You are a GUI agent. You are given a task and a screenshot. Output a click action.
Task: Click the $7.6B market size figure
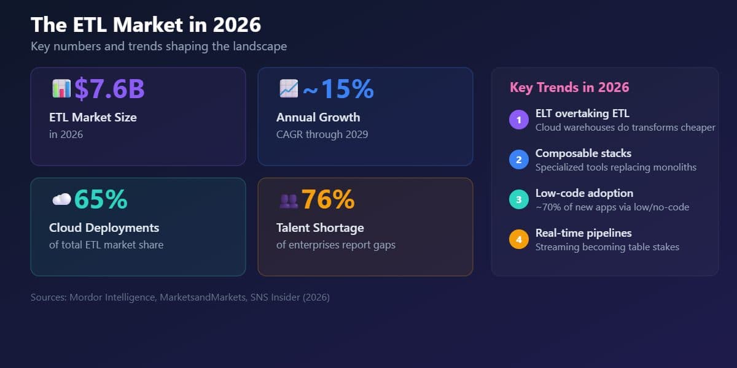(109, 89)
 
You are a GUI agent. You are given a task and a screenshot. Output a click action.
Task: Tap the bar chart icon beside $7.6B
(61, 89)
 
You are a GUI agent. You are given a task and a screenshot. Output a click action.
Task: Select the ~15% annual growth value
(338, 89)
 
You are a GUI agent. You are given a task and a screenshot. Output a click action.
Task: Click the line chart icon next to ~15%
(288, 89)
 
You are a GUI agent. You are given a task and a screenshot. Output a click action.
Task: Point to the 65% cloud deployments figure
(101, 199)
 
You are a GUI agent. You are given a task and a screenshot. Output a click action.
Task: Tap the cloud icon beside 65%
(61, 199)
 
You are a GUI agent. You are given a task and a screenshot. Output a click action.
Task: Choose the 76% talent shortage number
(328, 199)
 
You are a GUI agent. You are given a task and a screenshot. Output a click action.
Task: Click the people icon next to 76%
(288, 200)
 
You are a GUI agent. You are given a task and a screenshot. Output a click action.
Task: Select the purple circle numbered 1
(519, 120)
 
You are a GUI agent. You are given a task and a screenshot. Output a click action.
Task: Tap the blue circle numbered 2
(519, 160)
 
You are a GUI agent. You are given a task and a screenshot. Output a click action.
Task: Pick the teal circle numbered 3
(519, 200)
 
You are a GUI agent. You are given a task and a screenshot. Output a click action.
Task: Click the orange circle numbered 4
(519, 240)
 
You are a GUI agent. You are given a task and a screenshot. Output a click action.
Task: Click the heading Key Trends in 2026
(569, 87)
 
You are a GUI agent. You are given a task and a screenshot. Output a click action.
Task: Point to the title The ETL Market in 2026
(146, 25)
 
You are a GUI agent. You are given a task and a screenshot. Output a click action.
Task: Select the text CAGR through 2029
(322, 134)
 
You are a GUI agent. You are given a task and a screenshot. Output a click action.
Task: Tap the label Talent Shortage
(320, 228)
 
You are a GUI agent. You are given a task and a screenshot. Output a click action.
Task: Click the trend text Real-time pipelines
(583, 233)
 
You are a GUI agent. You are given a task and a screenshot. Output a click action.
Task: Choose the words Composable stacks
(583, 153)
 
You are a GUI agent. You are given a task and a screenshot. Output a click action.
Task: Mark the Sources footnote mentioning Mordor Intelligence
(180, 297)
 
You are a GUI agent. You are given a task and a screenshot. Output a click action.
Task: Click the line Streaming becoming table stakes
(607, 247)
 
